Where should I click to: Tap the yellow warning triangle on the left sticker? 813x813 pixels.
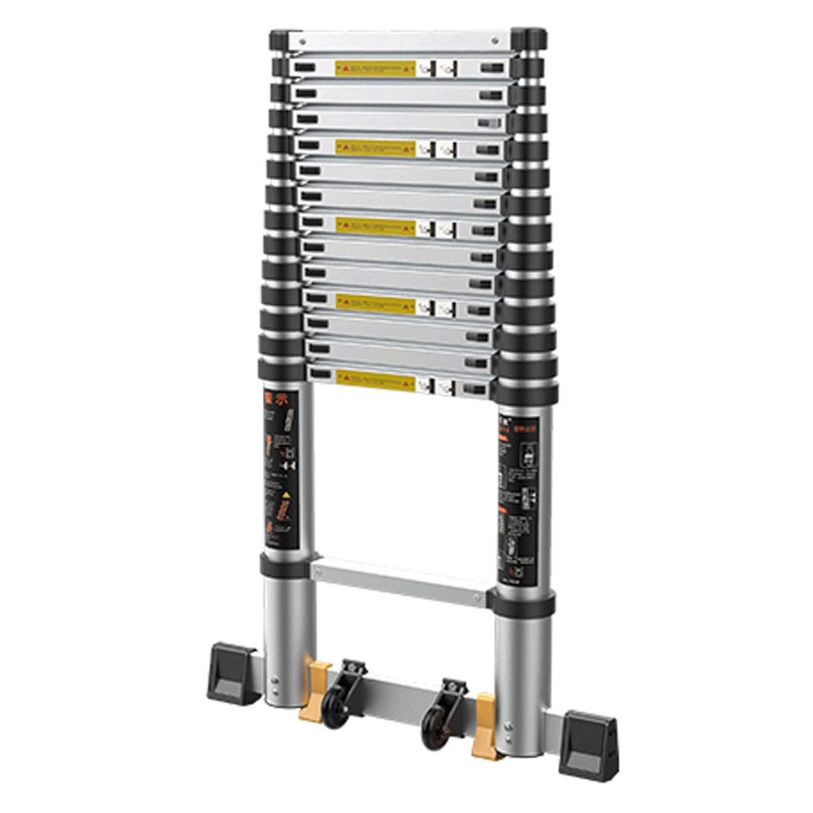[x=281, y=495]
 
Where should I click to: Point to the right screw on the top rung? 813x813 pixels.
[x=499, y=37]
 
